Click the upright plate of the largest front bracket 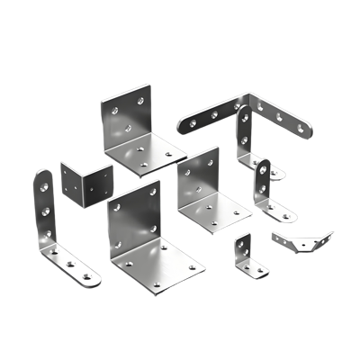click(132, 221)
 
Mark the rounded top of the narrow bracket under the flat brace click(243, 112)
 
